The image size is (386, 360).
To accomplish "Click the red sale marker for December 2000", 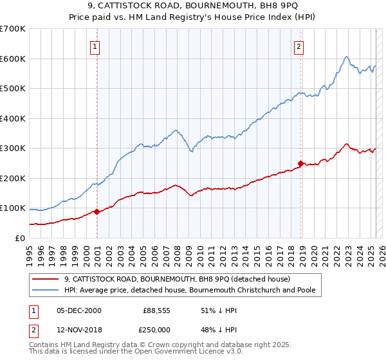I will [x=96, y=212].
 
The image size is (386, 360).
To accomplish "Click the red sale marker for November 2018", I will [x=300, y=163].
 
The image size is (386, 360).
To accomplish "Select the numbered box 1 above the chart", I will [x=95, y=46].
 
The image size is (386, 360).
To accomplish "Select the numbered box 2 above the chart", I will [x=300, y=46].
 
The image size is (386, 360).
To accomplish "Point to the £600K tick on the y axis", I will [x=13, y=59].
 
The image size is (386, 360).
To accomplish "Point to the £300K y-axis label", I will [x=13, y=148].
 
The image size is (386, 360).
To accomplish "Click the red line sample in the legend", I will [x=46, y=279].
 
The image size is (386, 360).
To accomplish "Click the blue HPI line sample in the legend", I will [x=46, y=291].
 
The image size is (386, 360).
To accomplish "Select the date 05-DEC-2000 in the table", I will [x=78, y=310].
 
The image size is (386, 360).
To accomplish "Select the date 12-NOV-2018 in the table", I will [x=78, y=330].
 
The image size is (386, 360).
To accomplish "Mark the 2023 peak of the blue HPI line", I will [x=346, y=57].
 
